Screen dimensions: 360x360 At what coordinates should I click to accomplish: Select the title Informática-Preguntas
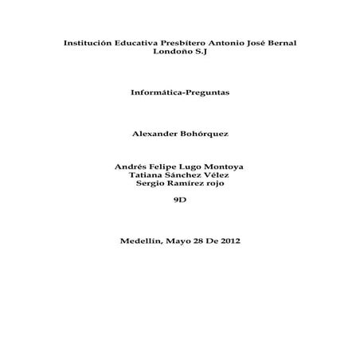coord(179,92)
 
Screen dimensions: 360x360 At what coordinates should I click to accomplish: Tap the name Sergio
coord(149,183)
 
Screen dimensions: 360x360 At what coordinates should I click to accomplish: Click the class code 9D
coord(179,200)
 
